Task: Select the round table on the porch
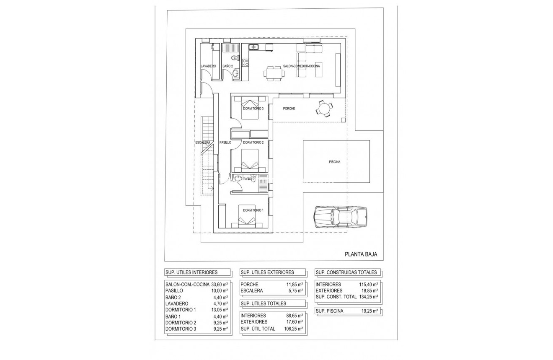coord(324,109)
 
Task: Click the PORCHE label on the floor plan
coord(289,109)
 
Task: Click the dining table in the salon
coord(274,73)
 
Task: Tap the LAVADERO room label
coord(208,66)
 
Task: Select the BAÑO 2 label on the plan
coord(227,66)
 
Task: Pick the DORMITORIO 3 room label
coord(253,109)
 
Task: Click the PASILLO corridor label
coord(225,142)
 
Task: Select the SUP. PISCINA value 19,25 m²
coord(369,311)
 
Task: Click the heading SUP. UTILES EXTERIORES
coord(267,272)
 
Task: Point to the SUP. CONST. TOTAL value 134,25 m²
coord(369,297)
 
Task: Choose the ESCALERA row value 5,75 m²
coord(294,290)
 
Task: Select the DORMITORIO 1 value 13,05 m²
coord(219,310)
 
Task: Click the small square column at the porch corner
coord(343,120)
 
